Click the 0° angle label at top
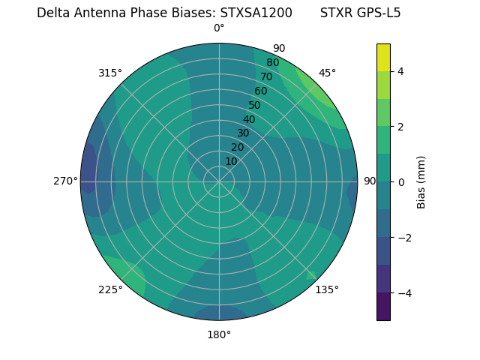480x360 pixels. coord(219,28)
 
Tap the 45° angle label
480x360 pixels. coord(327,73)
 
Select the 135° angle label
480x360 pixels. coord(327,289)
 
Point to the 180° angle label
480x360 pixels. coord(219,334)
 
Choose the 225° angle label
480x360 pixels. coord(110,289)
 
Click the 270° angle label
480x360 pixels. coord(66,181)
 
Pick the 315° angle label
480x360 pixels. coord(110,73)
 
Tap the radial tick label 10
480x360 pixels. coord(231,161)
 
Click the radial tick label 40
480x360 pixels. coord(249,119)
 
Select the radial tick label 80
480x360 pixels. coord(272,63)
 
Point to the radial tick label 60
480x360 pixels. coord(260,91)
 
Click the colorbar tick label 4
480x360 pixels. coord(401,71)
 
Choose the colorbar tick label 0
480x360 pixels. coord(401,181)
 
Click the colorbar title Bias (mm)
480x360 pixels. coord(421,181)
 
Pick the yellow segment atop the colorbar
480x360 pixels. coord(383,57)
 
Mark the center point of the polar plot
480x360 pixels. coord(219,181)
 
